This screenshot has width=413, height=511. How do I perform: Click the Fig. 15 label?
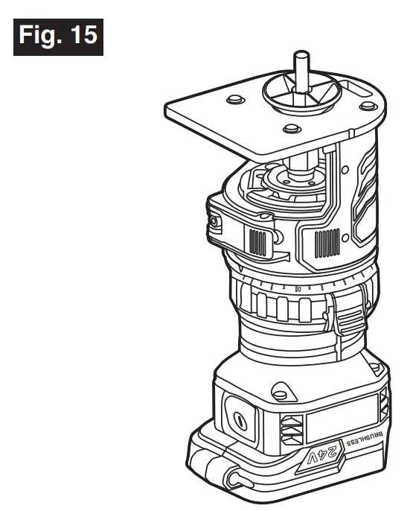coord(58,35)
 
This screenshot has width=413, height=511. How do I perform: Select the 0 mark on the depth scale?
coord(298,287)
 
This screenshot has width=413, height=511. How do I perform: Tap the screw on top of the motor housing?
coord(281,388)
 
